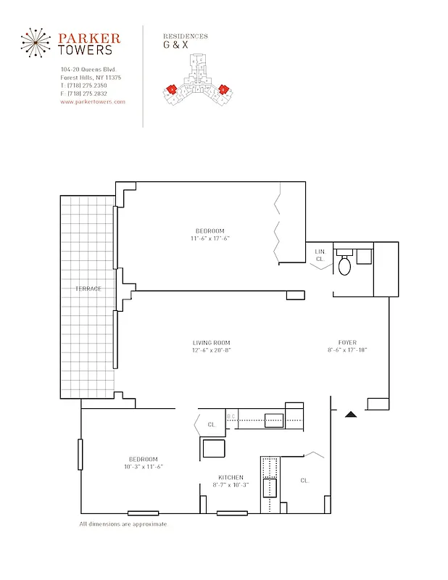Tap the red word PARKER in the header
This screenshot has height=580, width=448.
click(88, 38)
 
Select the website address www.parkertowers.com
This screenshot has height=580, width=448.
click(93, 102)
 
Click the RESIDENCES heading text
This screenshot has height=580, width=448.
click(185, 36)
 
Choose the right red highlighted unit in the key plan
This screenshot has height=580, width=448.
click(224, 89)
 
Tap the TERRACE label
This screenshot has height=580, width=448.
click(88, 289)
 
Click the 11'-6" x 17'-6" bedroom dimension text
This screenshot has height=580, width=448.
click(210, 239)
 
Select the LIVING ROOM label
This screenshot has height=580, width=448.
click(211, 343)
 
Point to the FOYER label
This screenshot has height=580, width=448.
click(347, 343)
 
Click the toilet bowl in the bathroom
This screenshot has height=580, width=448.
click(344, 266)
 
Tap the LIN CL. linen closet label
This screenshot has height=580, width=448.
click(320, 254)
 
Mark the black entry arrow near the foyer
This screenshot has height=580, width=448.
click(350, 415)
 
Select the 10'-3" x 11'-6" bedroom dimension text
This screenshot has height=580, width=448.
click(143, 467)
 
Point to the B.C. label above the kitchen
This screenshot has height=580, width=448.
click(231, 416)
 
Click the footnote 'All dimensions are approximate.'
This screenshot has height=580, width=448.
click(123, 523)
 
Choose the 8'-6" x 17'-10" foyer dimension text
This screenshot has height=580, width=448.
click(347, 351)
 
